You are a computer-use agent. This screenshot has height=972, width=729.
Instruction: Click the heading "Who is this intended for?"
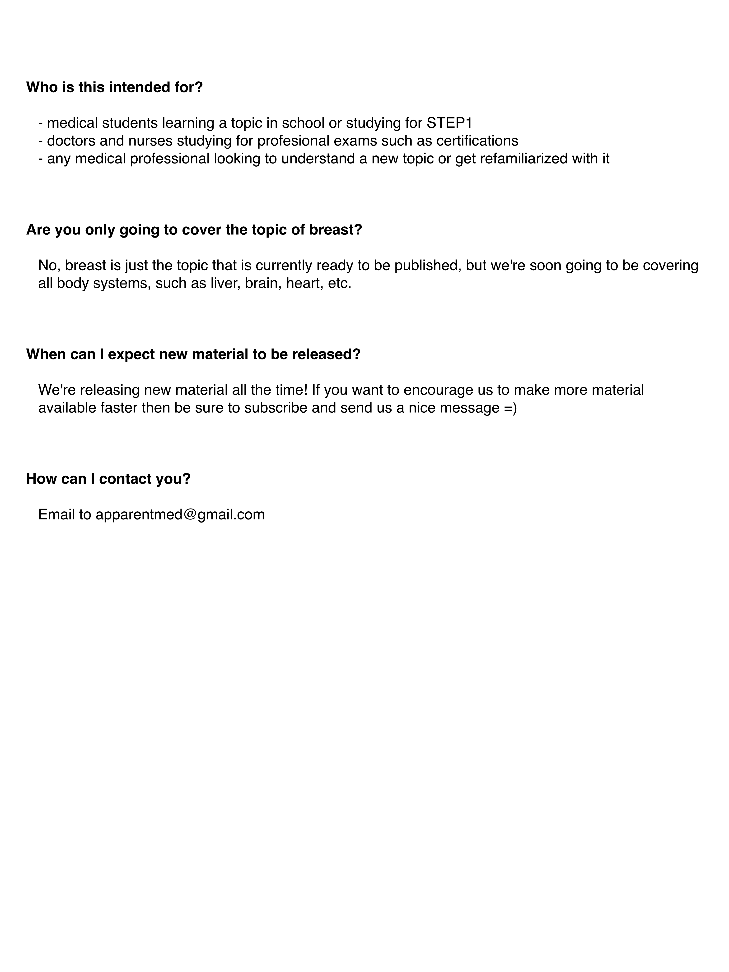point(114,87)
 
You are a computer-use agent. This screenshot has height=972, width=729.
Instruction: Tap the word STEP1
point(449,123)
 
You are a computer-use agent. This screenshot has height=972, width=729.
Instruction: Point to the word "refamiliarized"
point(523,158)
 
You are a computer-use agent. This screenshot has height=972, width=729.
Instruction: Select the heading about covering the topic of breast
point(194,230)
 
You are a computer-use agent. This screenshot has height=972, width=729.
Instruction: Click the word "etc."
point(340,283)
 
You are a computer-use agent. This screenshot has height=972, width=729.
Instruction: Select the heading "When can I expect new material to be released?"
point(193,354)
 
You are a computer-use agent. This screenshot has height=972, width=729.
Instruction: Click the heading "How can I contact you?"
point(108,479)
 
